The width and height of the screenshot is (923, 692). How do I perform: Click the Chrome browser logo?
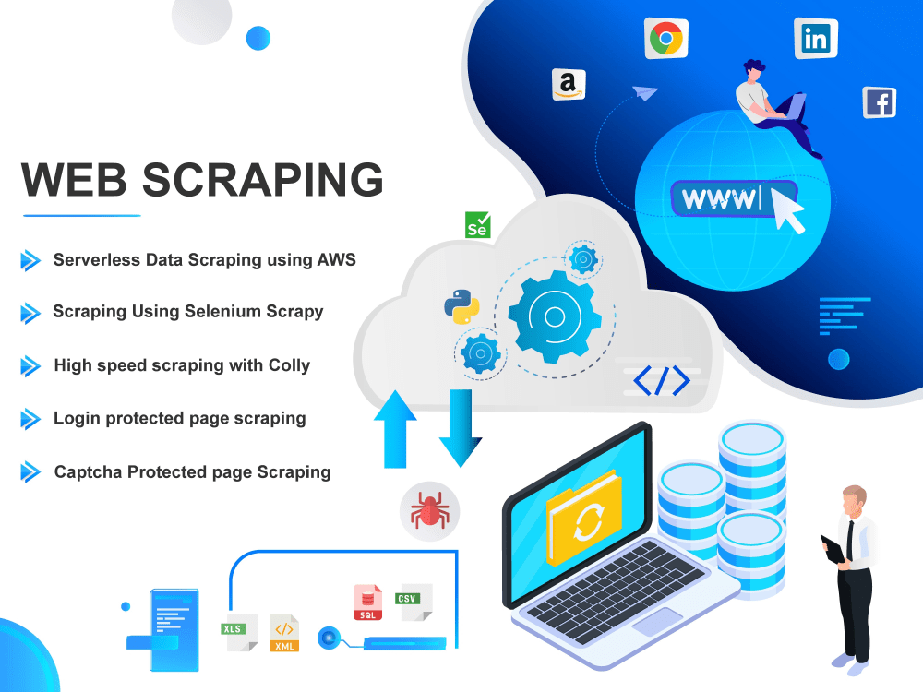666,39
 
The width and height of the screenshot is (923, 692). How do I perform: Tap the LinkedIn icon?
816,39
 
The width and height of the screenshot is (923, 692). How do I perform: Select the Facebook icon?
880,103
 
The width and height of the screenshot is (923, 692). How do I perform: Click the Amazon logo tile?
569,85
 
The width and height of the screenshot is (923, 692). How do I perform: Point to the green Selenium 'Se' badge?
477,225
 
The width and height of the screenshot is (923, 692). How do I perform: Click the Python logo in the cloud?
461,306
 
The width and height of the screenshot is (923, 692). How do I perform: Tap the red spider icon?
430,511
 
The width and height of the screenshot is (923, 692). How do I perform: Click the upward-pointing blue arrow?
396,430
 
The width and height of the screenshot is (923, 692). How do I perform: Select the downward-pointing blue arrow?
461,428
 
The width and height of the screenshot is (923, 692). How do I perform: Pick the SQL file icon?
368,602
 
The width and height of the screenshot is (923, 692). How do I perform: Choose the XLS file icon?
239,633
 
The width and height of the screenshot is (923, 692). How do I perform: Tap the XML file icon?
284,633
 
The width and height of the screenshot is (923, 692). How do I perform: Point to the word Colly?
289,366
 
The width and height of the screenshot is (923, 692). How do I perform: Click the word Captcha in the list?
89,472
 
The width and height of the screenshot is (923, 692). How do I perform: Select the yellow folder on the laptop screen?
584,518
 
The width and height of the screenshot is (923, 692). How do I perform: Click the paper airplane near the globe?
645,93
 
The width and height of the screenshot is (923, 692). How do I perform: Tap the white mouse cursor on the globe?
787,210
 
